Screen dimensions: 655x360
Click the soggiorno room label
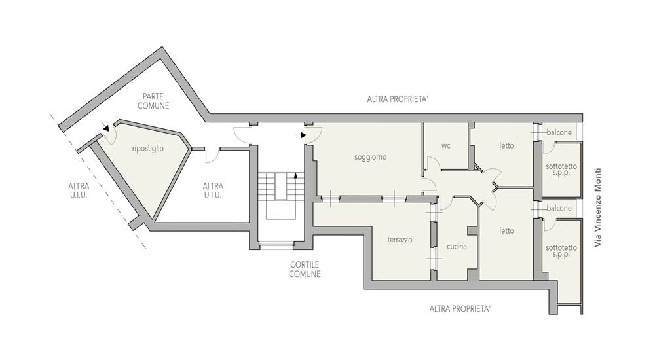tap(371, 158)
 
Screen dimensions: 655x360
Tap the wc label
tap(446, 146)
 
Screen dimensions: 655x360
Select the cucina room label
tap(457, 247)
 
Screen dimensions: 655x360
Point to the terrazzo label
tap(400, 240)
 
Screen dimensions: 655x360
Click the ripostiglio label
tap(148, 149)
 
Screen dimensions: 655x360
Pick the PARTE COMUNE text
tap(153, 101)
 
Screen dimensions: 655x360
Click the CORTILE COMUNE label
tap(305, 270)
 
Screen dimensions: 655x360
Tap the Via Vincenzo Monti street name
tap(598, 207)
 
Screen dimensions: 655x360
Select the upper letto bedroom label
tap(506, 146)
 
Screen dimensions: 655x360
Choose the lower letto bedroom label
tap(506, 230)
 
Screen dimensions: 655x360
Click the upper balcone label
tap(559, 132)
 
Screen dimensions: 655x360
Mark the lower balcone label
tap(559, 208)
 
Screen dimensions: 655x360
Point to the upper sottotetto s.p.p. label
tap(561, 169)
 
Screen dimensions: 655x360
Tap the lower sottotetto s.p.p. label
tap(561, 251)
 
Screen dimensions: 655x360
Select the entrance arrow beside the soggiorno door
tap(301, 135)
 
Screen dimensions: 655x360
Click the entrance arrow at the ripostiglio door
tap(106, 128)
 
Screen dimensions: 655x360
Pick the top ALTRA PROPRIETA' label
tap(398, 99)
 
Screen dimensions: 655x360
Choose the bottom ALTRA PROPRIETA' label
tap(460, 309)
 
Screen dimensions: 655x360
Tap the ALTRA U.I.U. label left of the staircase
tap(213, 190)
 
